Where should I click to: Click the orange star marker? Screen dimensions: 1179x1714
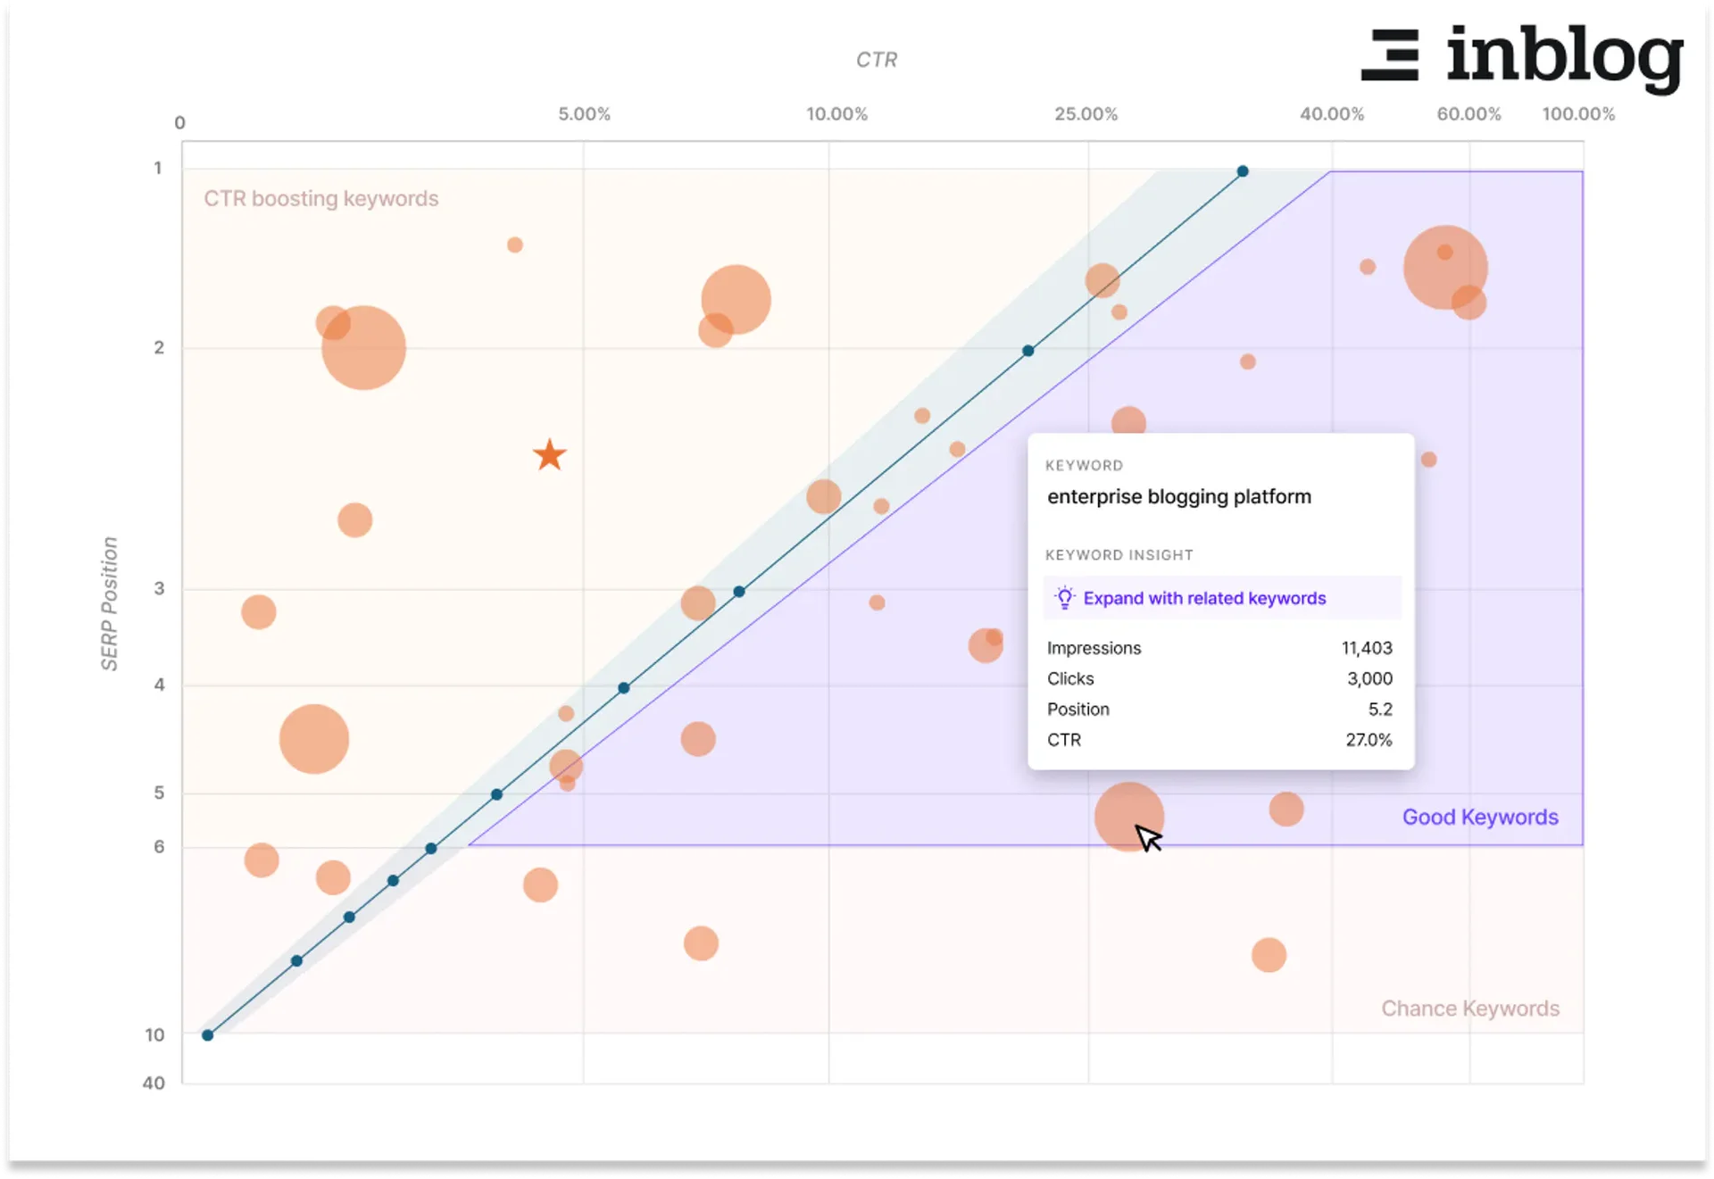[x=550, y=455]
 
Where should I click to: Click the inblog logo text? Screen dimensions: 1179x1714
[x=1564, y=57]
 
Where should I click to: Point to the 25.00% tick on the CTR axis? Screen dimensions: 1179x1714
[x=1086, y=114]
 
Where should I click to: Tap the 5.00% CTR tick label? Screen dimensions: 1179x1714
[x=584, y=114]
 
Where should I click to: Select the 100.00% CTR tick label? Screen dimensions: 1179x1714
[x=1577, y=114]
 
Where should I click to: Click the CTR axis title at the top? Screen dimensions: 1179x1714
[x=876, y=60]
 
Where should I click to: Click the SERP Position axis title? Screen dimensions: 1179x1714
[x=109, y=603]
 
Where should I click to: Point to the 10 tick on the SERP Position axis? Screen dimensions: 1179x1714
[x=155, y=1034]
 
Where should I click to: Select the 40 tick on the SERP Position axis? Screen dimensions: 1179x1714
[x=154, y=1083]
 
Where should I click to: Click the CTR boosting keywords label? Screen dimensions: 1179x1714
[x=320, y=198]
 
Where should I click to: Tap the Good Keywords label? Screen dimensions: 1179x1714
[x=1479, y=817]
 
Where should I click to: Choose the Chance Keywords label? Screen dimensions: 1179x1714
[x=1469, y=1008]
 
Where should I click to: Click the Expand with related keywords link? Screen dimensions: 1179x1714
[x=1203, y=598]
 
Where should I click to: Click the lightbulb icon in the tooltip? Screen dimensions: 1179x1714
[x=1064, y=598]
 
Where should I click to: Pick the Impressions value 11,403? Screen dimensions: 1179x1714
[x=1366, y=648]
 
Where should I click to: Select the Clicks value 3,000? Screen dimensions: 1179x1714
[x=1369, y=678]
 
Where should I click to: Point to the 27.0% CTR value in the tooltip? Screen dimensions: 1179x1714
[x=1368, y=740]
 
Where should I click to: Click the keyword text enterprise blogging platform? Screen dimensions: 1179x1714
[x=1178, y=496]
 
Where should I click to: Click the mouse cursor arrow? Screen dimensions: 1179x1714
[x=1147, y=837]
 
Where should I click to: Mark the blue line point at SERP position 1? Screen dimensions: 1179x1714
[x=1242, y=171]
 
